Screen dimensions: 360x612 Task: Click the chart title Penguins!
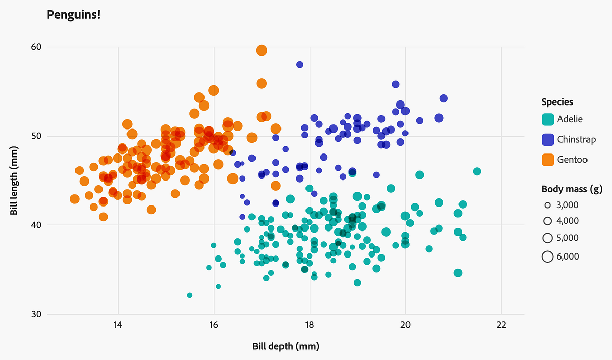[x=73, y=15]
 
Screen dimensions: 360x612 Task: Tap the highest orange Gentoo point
[x=262, y=50]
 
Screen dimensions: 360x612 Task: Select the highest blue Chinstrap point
[x=300, y=64]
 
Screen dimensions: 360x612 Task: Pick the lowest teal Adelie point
[x=190, y=295]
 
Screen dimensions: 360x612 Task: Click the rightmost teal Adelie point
[x=477, y=171]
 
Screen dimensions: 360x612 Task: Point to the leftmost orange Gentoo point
[x=74, y=199]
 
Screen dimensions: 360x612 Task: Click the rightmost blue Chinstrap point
[x=444, y=98]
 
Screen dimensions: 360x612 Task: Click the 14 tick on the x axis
[x=118, y=325]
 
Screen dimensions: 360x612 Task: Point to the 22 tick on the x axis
[x=501, y=325]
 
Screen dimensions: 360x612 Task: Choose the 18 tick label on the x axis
[x=309, y=325]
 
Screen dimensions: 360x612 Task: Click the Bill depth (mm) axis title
[x=286, y=346]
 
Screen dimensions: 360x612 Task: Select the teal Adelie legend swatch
[x=548, y=119]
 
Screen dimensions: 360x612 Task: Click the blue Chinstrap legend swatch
[x=548, y=139]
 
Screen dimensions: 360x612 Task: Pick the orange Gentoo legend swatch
[x=548, y=160]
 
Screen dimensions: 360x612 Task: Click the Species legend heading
[x=557, y=102]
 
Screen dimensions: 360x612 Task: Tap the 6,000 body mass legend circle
[x=548, y=256]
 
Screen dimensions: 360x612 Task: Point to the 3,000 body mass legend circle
[x=548, y=205]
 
